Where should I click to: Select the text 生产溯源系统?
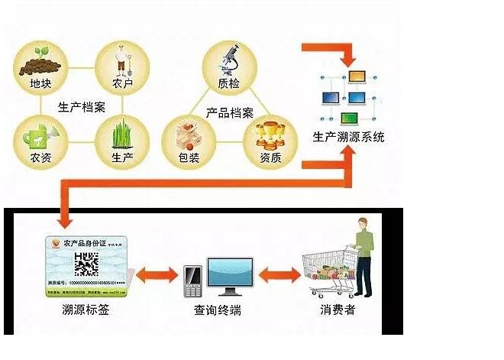click(349, 138)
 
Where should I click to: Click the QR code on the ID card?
click(86, 264)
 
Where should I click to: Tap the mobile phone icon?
click(192, 281)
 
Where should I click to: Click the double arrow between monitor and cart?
click(279, 275)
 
